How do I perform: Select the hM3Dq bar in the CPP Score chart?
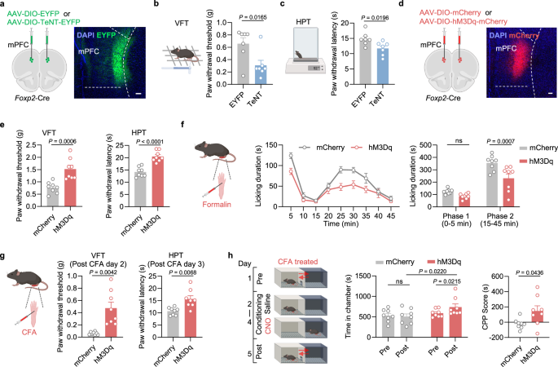[x=535, y=314]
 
